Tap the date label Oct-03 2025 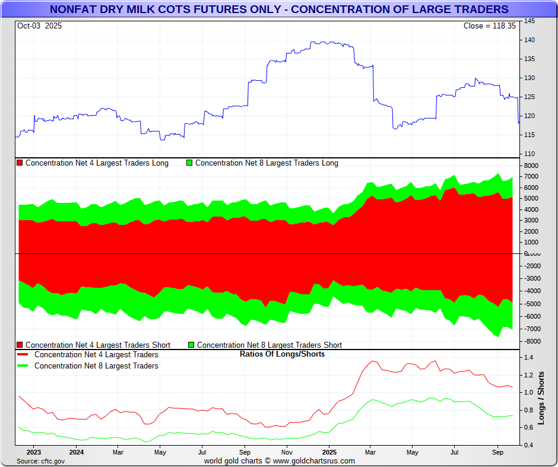click(x=39, y=26)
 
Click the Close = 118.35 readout click(x=490, y=26)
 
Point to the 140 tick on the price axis click(x=530, y=40)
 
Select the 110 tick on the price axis click(x=530, y=154)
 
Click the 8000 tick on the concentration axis click(x=530, y=166)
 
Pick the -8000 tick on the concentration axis click(x=531, y=341)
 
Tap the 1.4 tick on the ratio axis click(x=528, y=358)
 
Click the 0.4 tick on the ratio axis click(x=528, y=445)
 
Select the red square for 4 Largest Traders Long click(x=20, y=163)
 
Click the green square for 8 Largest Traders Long click(x=190, y=163)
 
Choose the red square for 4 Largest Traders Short click(x=20, y=345)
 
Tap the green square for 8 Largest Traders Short click(x=191, y=345)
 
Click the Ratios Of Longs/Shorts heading click(x=282, y=354)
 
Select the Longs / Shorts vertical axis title click(x=541, y=399)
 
